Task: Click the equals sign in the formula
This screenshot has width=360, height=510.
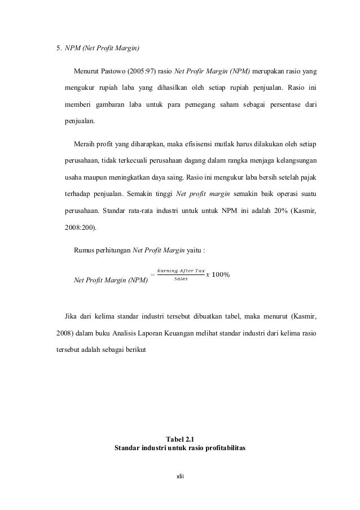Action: [152, 275]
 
